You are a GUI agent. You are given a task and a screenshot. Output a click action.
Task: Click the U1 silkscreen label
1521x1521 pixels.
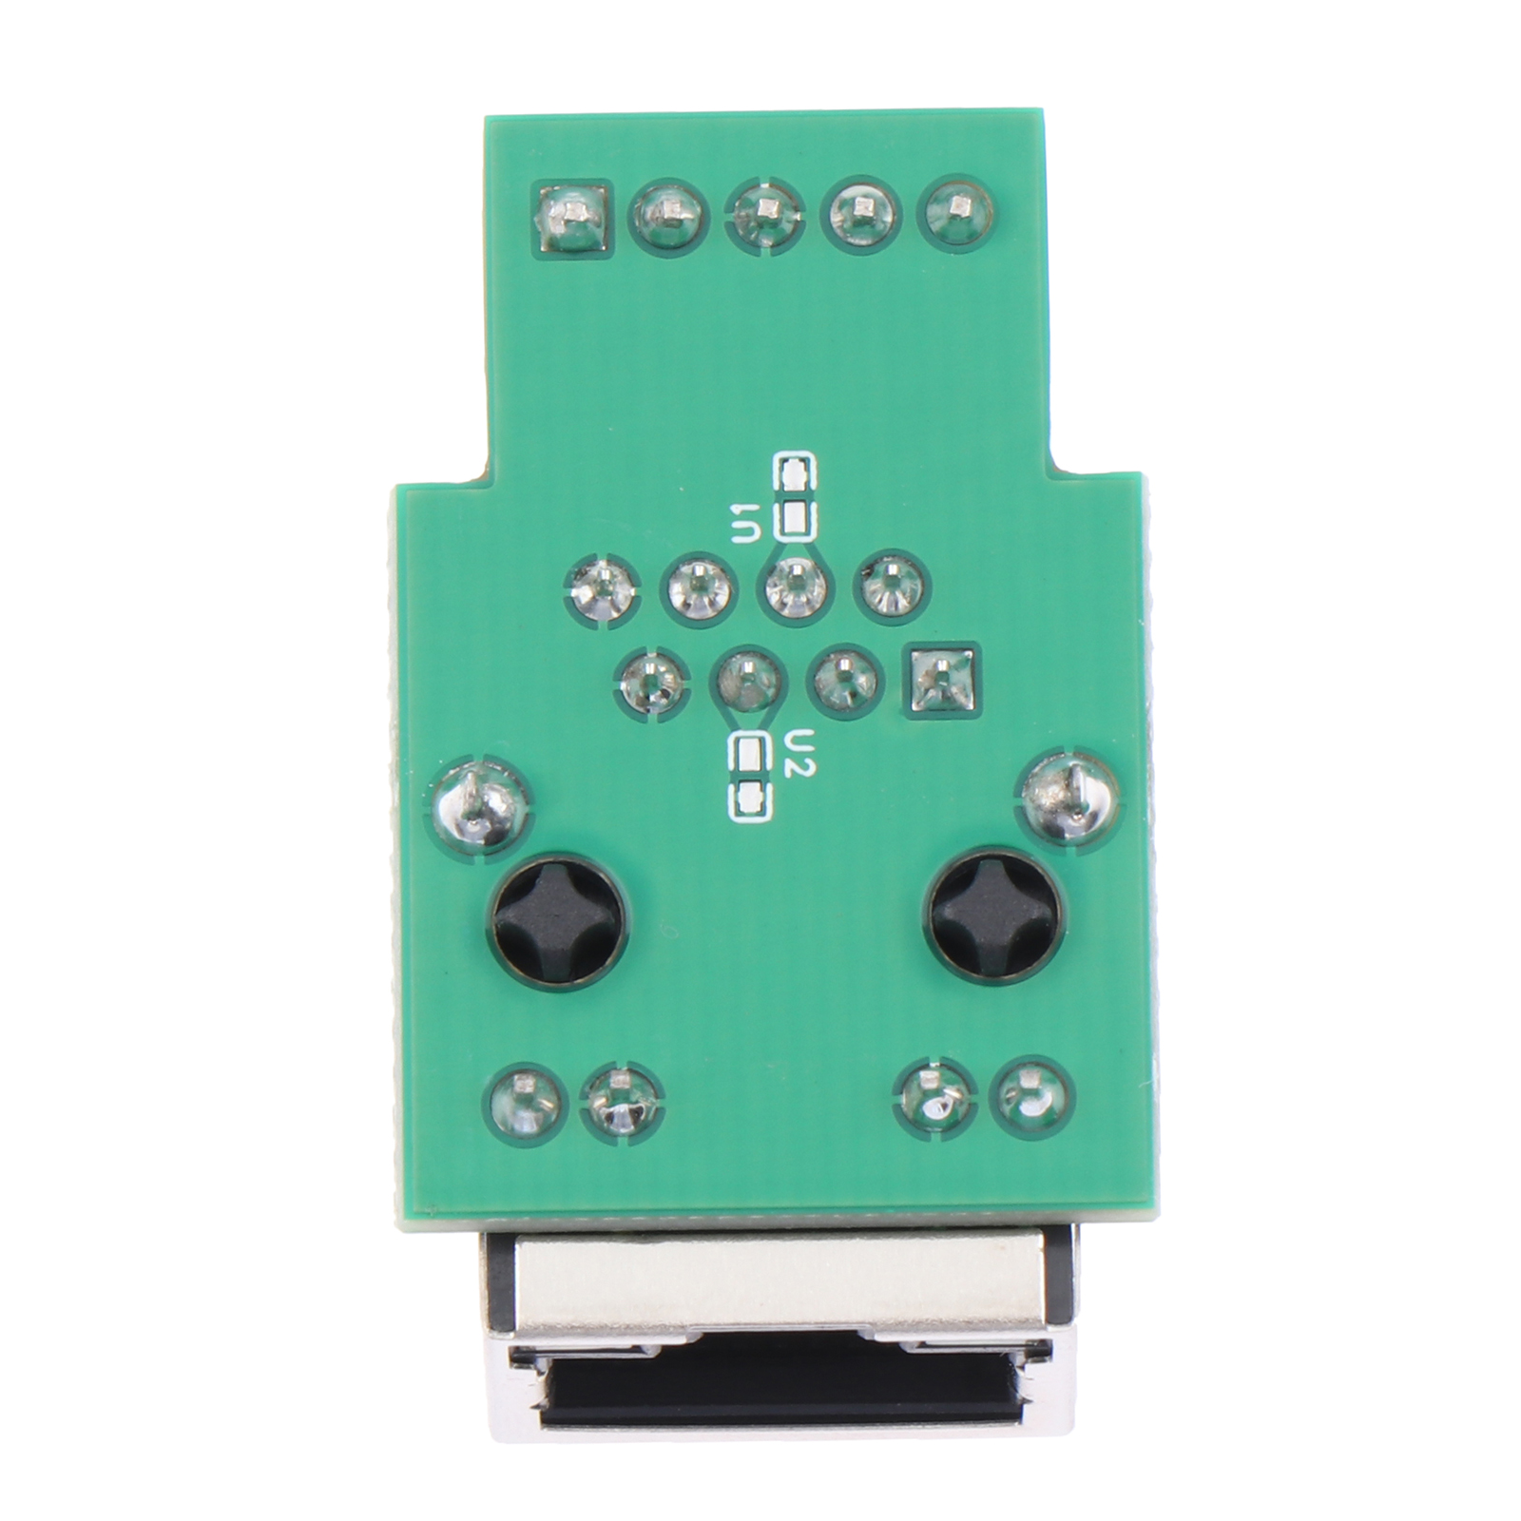747,523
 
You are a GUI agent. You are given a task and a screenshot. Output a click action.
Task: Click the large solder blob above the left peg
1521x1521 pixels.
482,802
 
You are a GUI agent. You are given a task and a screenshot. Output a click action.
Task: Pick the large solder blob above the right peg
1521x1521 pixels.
1069,797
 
